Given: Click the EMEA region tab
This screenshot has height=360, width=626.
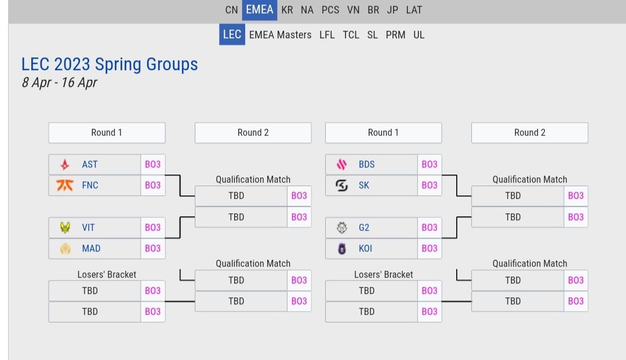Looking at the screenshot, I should tap(259, 10).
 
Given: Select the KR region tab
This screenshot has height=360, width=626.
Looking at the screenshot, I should tap(287, 10).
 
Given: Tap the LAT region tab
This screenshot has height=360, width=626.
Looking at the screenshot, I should tap(414, 10).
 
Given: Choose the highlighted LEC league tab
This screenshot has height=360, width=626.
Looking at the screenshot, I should tap(232, 34).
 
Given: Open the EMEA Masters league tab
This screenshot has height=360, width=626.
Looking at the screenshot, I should tap(280, 35).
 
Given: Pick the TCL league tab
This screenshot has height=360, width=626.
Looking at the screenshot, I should tap(351, 35).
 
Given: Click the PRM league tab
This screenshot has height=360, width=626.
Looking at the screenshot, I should tap(395, 35).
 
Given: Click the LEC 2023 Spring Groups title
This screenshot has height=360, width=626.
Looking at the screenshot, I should tap(110, 64).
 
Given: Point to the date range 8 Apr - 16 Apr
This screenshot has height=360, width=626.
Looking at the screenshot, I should tap(59, 82).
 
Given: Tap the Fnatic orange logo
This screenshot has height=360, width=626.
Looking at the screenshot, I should tap(65, 186).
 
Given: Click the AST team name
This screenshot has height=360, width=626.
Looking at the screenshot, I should tap(90, 165).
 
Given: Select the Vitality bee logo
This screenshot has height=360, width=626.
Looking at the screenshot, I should tap(65, 228).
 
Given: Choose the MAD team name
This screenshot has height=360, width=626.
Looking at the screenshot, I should tap(91, 249).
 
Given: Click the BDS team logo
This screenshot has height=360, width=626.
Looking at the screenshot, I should tap(342, 165).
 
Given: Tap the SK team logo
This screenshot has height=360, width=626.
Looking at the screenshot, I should tap(342, 186).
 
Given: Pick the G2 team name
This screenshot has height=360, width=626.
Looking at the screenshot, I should tap(364, 228).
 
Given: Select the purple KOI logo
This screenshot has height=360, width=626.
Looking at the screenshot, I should tap(342, 249).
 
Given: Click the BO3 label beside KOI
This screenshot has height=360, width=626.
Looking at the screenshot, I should tap(430, 249).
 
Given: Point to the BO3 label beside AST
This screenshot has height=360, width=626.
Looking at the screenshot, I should tap(153, 165).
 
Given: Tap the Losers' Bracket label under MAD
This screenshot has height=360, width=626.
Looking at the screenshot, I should tap(107, 275).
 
